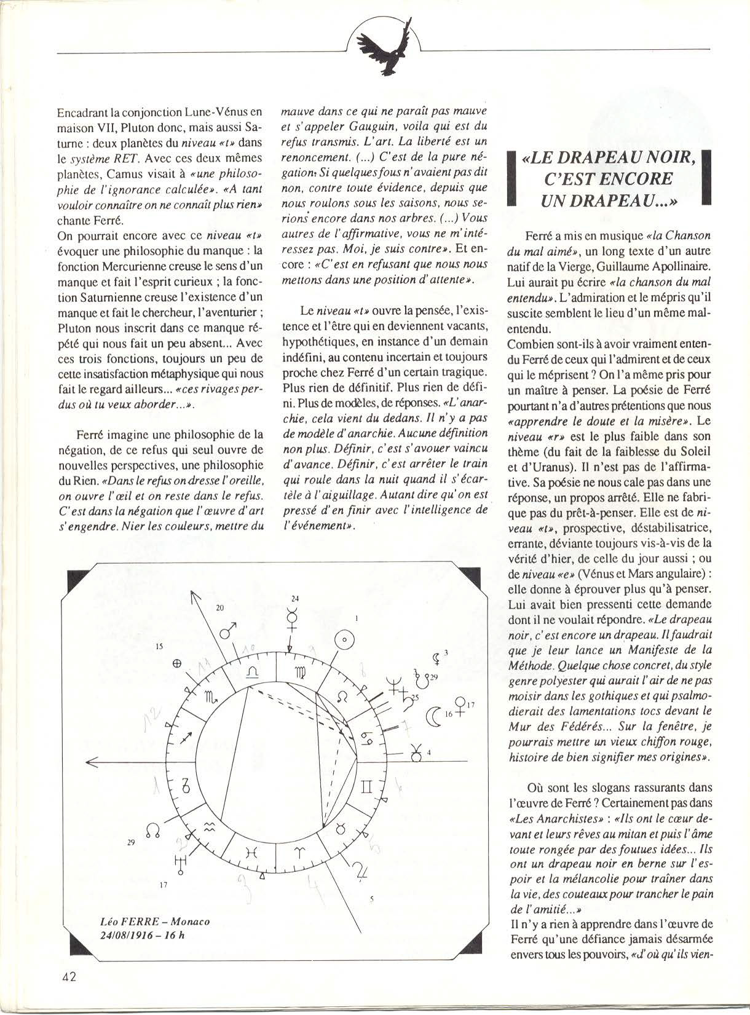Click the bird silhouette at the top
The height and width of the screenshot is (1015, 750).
384,45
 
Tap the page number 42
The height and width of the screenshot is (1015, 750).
68,977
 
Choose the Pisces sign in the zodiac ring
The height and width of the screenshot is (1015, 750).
251,852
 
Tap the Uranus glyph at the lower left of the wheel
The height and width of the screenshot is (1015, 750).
181,864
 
